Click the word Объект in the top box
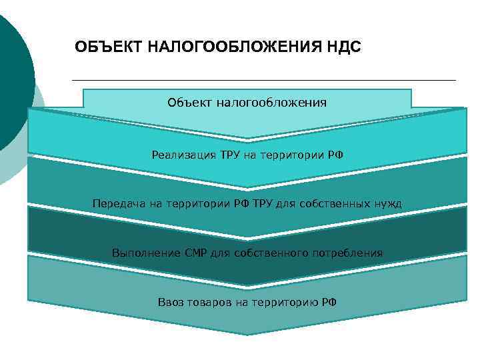pos(189,103)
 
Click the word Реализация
pos(183,155)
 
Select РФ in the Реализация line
pos(335,155)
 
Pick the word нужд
pos(388,203)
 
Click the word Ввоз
pos(170,302)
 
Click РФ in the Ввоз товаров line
pos(329,302)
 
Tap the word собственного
pos(266,253)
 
